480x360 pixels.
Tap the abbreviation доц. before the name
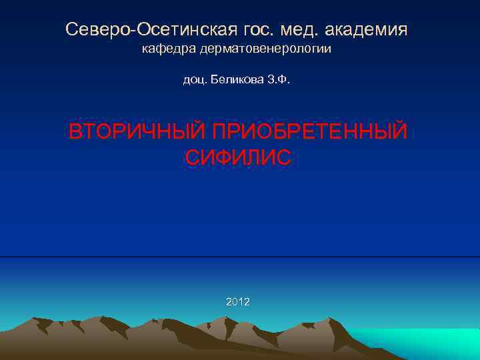pyautogui.click(x=194, y=81)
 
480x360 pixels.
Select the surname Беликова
pyautogui.click(x=237, y=81)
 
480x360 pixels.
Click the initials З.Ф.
pyautogui.click(x=279, y=81)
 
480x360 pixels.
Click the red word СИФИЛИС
pyautogui.click(x=237, y=158)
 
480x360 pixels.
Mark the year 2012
pyautogui.click(x=238, y=302)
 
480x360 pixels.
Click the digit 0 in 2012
pyautogui.click(x=234, y=302)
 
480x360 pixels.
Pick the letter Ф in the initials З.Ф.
pyautogui.click(x=285, y=81)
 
